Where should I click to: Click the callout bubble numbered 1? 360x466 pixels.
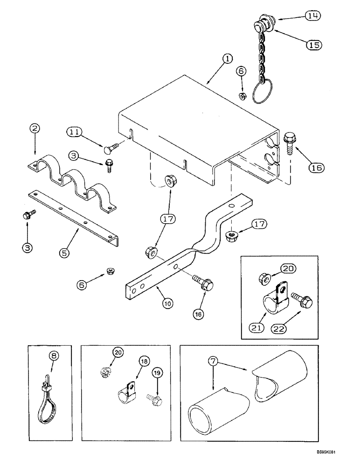[x=227, y=59]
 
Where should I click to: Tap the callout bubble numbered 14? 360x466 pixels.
[x=314, y=15]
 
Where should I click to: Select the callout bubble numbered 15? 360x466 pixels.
[x=314, y=45]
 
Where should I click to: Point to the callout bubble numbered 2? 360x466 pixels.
[x=35, y=128]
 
